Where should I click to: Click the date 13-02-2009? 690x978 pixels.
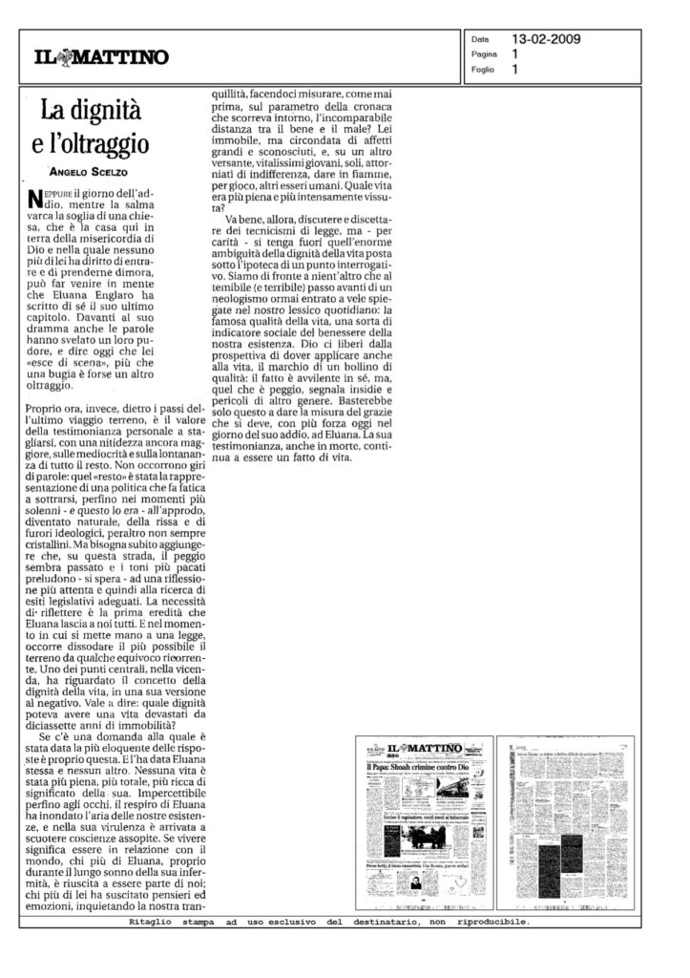pyautogui.click(x=546, y=40)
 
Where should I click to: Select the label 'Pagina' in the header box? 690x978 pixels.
pyautogui.click(x=482, y=55)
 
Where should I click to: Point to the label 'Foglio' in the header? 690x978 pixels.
pyautogui.click(x=481, y=70)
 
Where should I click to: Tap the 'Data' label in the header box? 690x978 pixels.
pyautogui.click(x=480, y=41)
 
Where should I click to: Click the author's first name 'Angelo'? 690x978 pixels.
pyautogui.click(x=69, y=173)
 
